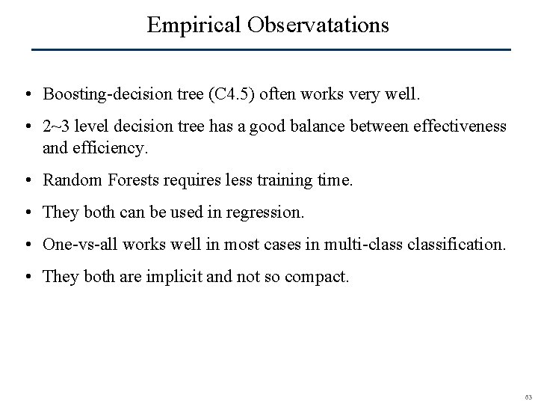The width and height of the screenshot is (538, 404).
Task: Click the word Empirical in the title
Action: pos(193,25)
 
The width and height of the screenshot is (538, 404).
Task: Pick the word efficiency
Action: pos(113,147)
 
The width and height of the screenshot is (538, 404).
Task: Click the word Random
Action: pos(73,180)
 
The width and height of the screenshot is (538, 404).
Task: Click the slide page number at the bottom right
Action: pos(527,396)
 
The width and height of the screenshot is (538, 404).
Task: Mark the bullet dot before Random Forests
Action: pos(26,181)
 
